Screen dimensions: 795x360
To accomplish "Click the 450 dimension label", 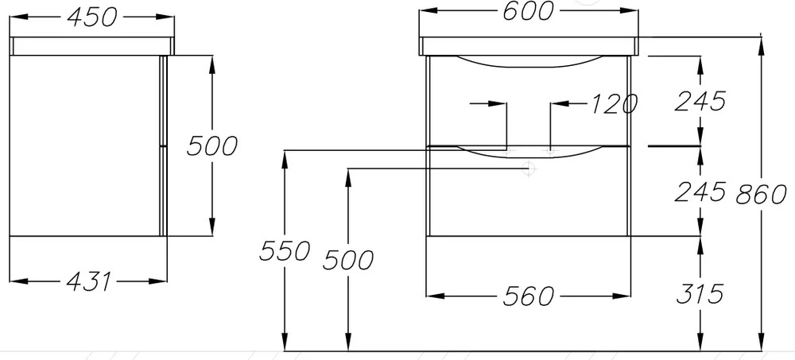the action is point(91,17).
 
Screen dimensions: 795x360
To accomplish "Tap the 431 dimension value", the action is point(89,281).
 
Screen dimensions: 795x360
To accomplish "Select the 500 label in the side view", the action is point(212,146).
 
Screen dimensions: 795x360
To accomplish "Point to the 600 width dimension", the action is point(528,11).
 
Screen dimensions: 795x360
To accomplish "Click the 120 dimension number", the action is point(614,104).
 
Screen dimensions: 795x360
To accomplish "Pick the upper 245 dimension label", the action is point(700,101).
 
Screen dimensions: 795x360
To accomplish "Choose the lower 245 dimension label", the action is point(700,192).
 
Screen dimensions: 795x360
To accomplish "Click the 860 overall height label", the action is point(762,194).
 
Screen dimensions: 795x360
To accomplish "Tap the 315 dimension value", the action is point(700,294).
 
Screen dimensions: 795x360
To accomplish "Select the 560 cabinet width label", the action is point(529,296).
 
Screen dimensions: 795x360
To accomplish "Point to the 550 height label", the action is point(285,250).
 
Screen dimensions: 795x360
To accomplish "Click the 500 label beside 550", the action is point(348,260).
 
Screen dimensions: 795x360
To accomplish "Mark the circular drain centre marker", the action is point(529,167).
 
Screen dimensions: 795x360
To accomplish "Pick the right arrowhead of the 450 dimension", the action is point(165,17).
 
